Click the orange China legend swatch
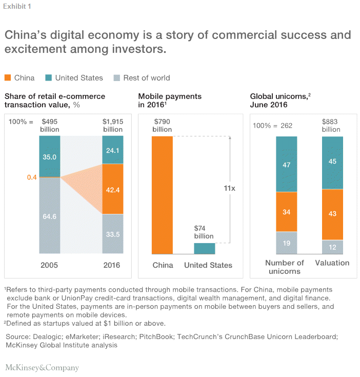click(8, 78)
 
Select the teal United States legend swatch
click(49, 78)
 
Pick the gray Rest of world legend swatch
click(116, 78)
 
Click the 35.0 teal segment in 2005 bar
click(50, 156)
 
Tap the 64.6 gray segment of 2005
click(50, 215)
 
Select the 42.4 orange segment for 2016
click(113, 189)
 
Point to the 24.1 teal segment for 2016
click(113, 150)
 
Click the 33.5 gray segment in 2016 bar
click(113, 233)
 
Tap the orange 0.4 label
click(32, 177)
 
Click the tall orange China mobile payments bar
click(162, 195)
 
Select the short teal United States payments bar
click(204, 248)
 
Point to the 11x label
click(229, 188)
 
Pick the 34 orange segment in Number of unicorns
click(286, 212)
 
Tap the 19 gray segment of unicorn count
click(286, 243)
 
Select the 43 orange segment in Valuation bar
click(332, 214)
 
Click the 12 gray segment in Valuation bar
click(332, 247)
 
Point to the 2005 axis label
click(50, 265)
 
